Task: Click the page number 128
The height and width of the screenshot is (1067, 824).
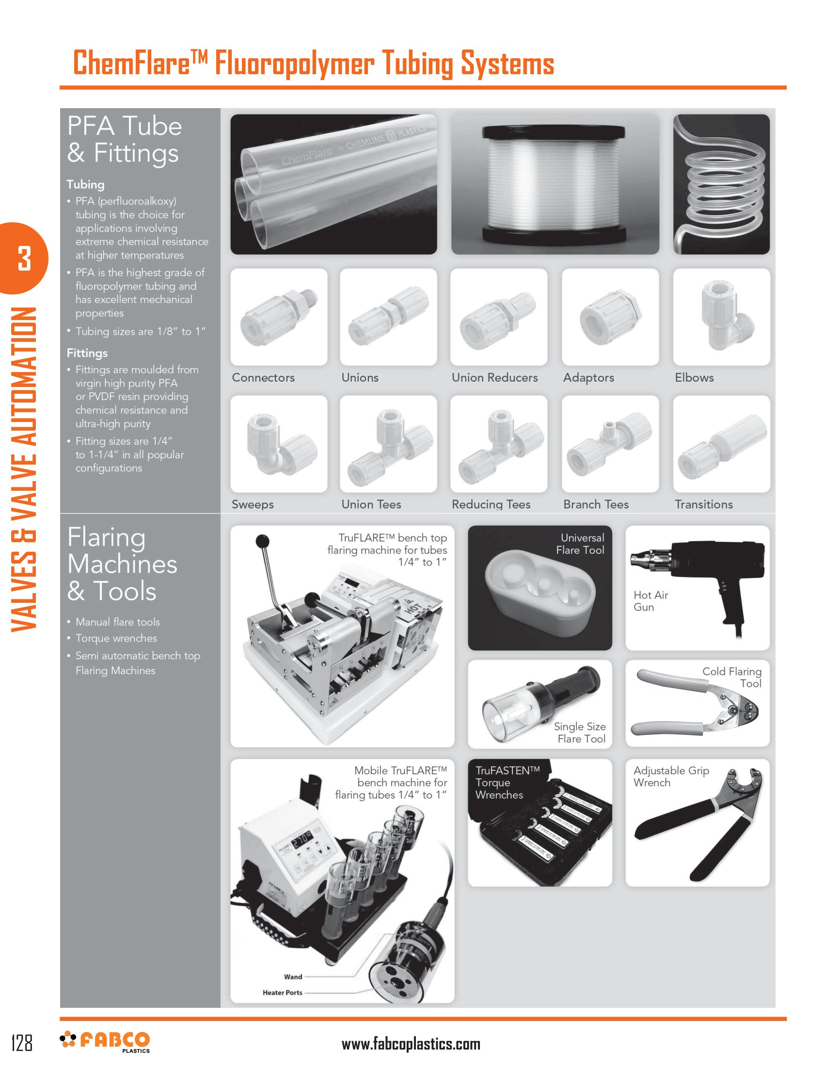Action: click(x=22, y=1042)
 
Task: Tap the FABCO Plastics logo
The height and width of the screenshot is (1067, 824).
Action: click(x=106, y=1041)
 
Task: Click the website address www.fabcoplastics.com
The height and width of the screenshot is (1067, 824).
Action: click(x=411, y=1044)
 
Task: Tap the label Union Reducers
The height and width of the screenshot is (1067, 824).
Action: click(x=494, y=378)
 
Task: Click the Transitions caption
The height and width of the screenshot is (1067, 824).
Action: click(x=703, y=504)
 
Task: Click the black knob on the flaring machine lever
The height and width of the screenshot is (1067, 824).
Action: click(x=263, y=541)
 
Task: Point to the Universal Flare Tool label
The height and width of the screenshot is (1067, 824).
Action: click(x=581, y=544)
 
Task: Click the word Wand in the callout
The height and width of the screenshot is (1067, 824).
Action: click(x=293, y=977)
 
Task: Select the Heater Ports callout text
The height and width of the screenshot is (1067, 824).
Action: click(x=282, y=992)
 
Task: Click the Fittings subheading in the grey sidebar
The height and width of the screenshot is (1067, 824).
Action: click(x=87, y=353)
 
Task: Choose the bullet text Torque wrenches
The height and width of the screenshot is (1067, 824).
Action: click(x=116, y=638)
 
